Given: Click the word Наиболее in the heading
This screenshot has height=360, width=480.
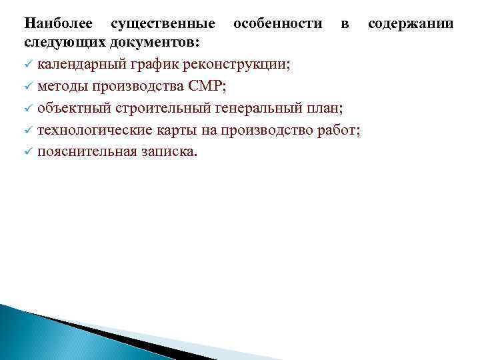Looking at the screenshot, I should point(56,24).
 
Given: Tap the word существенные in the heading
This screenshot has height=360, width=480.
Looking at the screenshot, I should point(163,24).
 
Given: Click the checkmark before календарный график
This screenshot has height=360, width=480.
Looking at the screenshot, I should point(28,65).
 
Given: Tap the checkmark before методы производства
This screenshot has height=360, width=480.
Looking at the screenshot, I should point(28,87).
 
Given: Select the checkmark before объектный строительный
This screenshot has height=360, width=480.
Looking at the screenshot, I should point(28,109).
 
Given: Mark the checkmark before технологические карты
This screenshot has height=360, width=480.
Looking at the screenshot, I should point(28,130).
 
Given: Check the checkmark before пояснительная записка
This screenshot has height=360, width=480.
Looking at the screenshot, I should point(28,152).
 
